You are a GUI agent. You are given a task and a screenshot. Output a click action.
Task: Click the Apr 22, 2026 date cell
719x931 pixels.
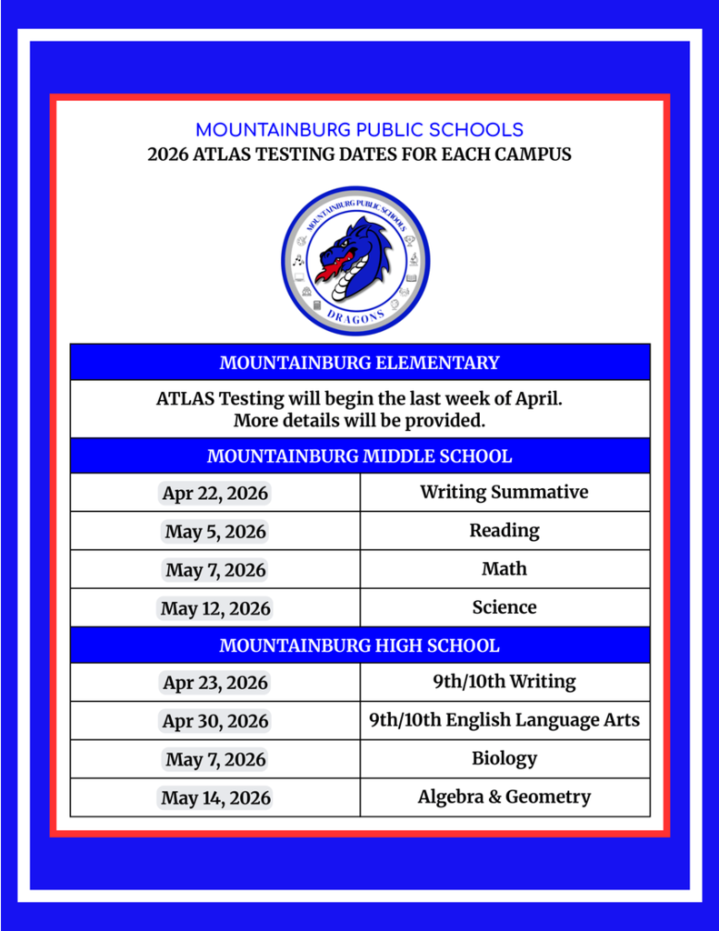point(215,494)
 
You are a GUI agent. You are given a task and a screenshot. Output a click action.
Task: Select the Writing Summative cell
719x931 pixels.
point(504,492)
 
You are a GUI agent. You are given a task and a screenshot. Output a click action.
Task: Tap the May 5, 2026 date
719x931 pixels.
point(215,532)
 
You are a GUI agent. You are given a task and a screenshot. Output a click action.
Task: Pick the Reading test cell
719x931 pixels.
point(504,530)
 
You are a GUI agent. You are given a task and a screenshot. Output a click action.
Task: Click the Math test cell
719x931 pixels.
point(504,569)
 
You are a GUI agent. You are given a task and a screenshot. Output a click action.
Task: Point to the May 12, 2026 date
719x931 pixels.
point(215,608)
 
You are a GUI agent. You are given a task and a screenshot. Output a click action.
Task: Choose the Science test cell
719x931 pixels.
point(504,607)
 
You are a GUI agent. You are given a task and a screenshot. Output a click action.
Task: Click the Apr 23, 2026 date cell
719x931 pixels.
point(215,683)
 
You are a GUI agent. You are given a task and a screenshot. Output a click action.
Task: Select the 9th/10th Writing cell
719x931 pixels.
point(504,681)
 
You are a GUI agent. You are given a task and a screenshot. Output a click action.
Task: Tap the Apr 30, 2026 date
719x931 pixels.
point(215,721)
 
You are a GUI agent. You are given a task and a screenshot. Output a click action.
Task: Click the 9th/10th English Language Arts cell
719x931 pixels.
point(504,720)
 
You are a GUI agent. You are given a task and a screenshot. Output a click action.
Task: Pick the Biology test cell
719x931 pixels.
point(504,758)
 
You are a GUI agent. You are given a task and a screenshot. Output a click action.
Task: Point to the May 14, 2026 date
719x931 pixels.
point(215,798)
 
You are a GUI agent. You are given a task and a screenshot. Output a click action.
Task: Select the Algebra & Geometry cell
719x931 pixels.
point(504,796)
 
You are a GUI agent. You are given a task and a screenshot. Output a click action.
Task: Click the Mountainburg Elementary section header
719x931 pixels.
point(360,363)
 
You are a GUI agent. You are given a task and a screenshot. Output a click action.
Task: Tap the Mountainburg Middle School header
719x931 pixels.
point(360,455)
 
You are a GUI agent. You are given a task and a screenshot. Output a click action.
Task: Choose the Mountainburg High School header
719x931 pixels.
point(360,646)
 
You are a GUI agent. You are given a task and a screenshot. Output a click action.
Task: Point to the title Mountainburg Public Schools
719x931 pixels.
point(360,130)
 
